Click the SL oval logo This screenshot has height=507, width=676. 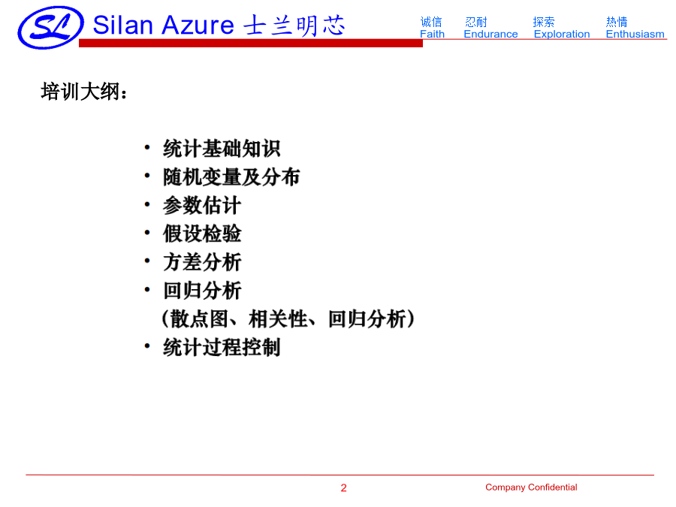[50, 28]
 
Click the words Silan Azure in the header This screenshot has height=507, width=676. [164, 25]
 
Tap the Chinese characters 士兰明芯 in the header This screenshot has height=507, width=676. [294, 26]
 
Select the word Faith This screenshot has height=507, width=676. [432, 34]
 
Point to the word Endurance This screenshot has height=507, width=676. [490, 34]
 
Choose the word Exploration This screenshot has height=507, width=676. [562, 34]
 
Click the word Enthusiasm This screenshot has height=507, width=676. [635, 34]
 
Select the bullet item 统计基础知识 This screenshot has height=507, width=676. [222, 149]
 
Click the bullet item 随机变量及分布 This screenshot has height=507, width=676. [231, 177]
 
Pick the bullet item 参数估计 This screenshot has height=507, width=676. [202, 206]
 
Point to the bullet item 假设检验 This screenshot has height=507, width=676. [202, 234]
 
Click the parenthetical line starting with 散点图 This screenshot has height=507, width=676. [288, 319]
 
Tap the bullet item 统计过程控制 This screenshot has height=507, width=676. [222, 348]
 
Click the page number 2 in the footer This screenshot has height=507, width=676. [343, 487]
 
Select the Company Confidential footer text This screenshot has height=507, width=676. [531, 487]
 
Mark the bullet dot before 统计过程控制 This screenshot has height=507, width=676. [147, 346]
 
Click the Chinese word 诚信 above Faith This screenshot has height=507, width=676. [431, 22]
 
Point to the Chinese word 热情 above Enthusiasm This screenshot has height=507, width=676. [617, 22]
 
